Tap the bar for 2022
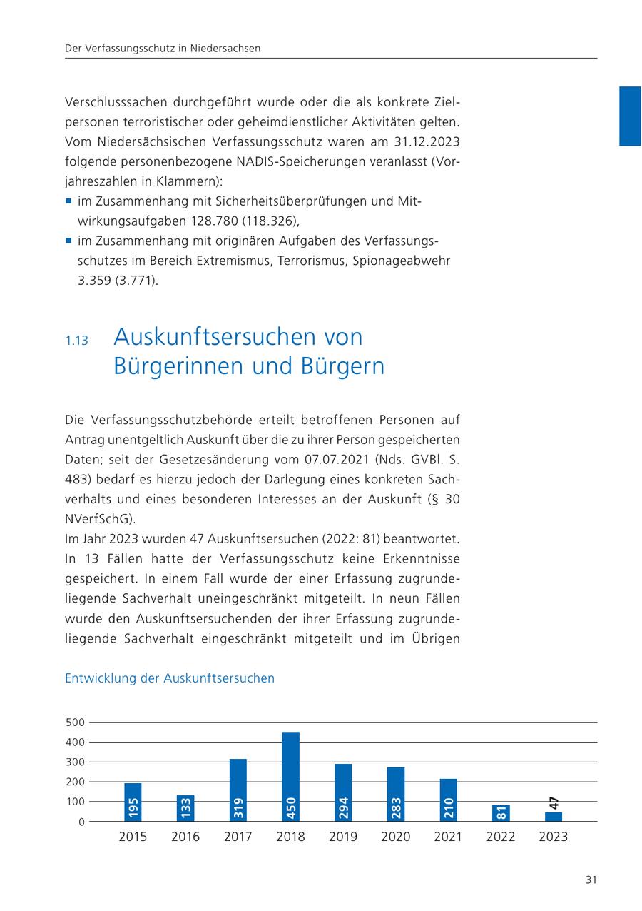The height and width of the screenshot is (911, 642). (501, 813)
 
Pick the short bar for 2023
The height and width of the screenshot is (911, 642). (554, 817)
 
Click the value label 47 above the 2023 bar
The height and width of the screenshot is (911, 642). (554, 802)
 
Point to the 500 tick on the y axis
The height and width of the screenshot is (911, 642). (75, 723)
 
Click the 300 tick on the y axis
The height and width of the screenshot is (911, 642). (75, 762)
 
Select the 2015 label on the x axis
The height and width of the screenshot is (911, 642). (133, 837)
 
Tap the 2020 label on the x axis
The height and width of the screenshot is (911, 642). (395, 837)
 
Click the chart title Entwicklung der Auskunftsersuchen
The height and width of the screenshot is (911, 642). (169, 678)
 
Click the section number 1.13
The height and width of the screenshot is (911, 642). (76, 341)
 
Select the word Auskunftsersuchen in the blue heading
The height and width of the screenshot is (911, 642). (238, 336)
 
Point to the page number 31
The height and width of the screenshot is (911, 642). (591, 880)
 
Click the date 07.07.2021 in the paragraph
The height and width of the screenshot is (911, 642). (335, 458)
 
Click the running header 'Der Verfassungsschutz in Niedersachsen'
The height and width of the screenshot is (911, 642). (163, 49)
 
